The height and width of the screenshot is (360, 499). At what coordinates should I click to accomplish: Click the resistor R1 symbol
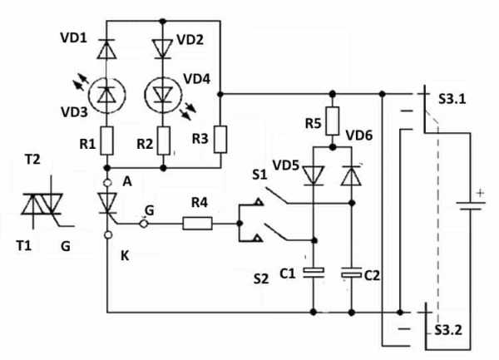pos(107,141)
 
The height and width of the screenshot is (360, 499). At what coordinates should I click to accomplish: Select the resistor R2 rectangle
pos(164,141)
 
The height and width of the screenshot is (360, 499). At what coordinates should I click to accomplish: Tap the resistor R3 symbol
pos(220,140)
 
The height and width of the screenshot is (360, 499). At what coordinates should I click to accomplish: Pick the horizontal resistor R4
pos(197,224)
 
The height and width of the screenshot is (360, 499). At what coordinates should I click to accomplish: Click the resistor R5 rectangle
pos(333,121)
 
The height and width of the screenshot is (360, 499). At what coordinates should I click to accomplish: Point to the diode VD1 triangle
pos(106,49)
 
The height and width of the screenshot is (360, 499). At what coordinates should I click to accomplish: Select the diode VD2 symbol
pos(163,49)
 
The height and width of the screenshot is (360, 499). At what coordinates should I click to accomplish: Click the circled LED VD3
pos(107,95)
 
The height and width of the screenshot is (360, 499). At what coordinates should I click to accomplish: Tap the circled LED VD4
pos(163,95)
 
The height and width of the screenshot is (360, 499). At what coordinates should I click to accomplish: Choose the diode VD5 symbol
pos(314,175)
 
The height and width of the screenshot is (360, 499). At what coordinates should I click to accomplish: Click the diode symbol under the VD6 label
pos(351,175)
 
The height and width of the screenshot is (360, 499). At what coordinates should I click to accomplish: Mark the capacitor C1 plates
pos(314,273)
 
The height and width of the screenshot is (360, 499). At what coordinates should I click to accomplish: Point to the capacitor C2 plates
pos(351,273)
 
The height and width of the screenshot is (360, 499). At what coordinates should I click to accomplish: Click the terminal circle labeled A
pos(108,183)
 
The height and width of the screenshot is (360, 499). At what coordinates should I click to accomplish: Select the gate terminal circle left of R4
pos(144,224)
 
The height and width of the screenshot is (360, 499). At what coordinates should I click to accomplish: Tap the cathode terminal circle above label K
pos(108,235)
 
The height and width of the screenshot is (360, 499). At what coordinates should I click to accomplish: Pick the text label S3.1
pos(452,99)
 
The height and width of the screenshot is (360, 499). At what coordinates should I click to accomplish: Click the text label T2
pos(32,159)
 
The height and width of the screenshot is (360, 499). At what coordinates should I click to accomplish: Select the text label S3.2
pos(448,330)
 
